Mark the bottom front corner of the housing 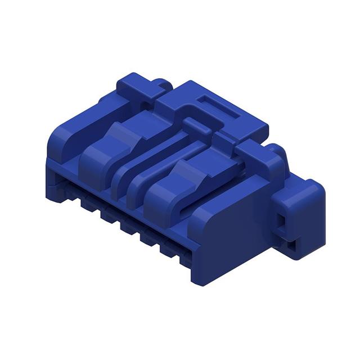click(198, 280)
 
